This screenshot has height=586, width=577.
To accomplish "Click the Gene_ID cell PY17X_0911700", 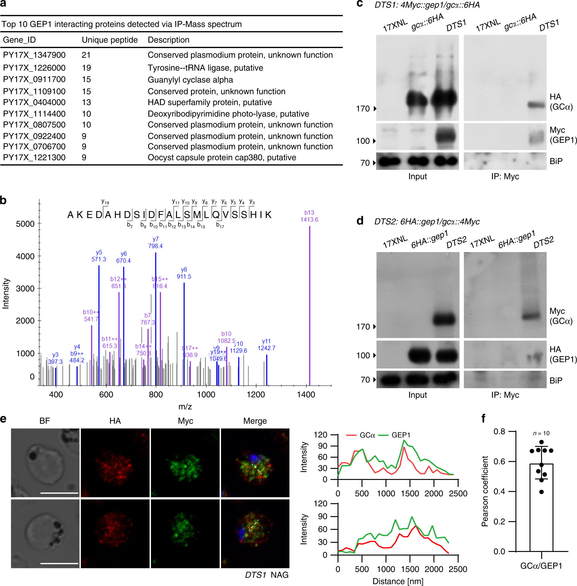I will click(x=34, y=79).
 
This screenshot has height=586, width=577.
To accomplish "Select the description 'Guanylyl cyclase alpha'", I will click(x=190, y=80).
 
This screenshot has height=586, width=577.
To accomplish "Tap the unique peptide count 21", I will click(x=86, y=55).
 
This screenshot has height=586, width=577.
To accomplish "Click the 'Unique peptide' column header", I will click(x=109, y=40).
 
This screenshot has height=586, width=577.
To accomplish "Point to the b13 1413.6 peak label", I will click(x=309, y=216).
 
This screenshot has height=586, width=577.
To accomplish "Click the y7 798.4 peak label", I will click(x=155, y=243).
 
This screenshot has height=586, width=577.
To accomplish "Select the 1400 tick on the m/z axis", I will click(x=306, y=394).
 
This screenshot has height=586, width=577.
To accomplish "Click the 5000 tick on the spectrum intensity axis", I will click(x=25, y=224).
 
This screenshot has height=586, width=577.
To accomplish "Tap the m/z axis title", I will click(x=185, y=406).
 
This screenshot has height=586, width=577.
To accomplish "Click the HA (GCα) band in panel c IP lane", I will click(x=537, y=105).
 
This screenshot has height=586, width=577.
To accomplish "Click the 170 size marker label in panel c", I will click(x=363, y=108).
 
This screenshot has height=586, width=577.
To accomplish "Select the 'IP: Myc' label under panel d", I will click(x=505, y=395).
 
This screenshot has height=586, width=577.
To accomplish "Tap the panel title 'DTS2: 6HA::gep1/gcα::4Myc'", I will click(x=427, y=221).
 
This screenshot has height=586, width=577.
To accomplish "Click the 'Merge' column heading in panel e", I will click(x=255, y=421).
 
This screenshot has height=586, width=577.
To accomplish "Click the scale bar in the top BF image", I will click(x=59, y=493).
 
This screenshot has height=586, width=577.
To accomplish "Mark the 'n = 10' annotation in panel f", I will click(x=541, y=433).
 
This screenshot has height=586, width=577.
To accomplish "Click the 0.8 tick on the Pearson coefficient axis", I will click(x=499, y=431).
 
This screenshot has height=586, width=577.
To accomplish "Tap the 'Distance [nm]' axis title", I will click(x=397, y=581).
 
